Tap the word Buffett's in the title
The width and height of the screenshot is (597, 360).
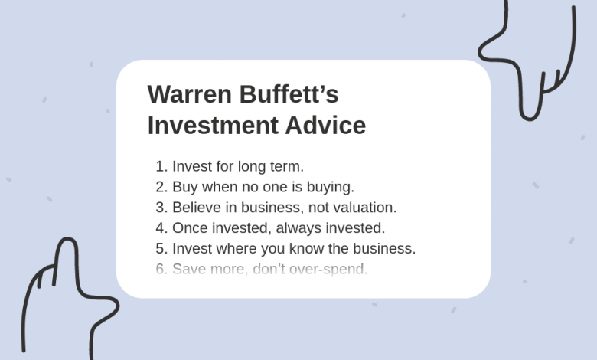289,95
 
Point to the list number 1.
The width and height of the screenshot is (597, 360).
160,166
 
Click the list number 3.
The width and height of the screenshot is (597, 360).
160,208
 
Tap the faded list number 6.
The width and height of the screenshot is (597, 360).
160,270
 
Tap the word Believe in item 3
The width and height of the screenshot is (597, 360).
194,208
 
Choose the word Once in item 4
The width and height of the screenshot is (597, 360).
189,228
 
